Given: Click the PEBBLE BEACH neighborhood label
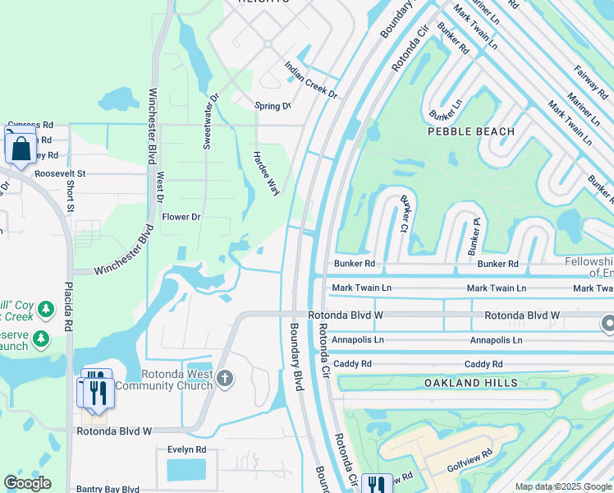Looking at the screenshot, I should pyautogui.click(x=470, y=131).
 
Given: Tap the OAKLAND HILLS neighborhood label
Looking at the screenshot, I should pyautogui.click(x=470, y=383).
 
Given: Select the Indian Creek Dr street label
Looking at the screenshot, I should pyautogui.click(x=311, y=80).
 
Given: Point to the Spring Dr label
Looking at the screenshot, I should pyautogui.click(x=273, y=106).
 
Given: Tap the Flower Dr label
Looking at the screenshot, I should pyautogui.click(x=181, y=217).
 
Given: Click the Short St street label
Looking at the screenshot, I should pyautogui.click(x=71, y=196).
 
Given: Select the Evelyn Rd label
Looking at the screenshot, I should pyautogui.click(x=186, y=450).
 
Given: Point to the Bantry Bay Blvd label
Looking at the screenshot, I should pyautogui.click(x=108, y=489).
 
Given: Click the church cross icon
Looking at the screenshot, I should pyautogui.click(x=226, y=379).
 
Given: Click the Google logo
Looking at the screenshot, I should pyautogui.click(x=28, y=483).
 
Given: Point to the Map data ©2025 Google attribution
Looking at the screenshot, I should pyautogui.click(x=562, y=486).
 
